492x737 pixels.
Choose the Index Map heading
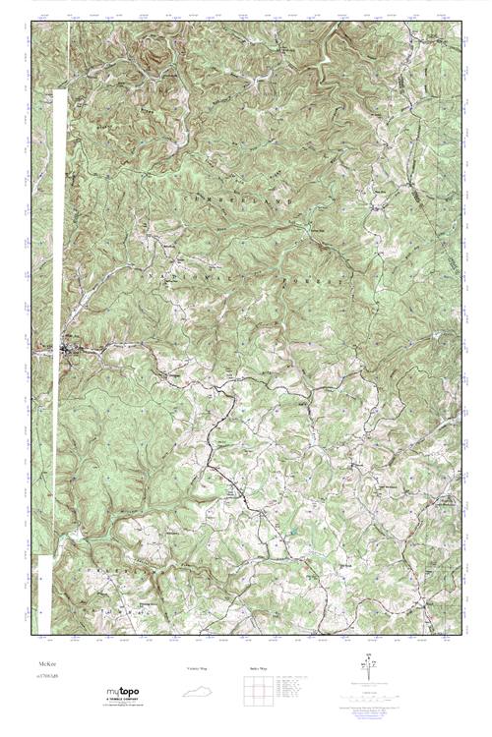click(x=255, y=668)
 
